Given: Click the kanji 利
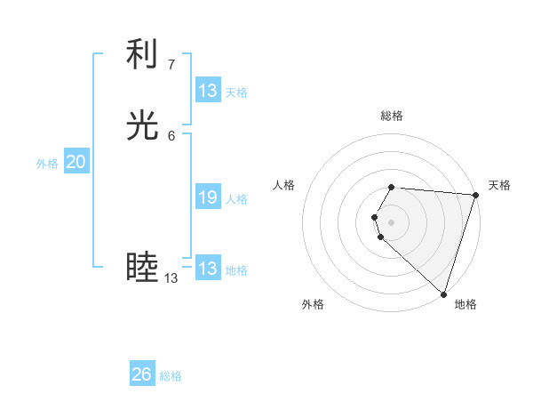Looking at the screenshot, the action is click(142, 54).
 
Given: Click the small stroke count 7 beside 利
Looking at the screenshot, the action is click(171, 64).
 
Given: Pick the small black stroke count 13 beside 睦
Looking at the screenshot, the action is click(171, 278).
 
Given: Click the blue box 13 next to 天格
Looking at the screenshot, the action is click(208, 91).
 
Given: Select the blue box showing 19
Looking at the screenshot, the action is click(208, 197).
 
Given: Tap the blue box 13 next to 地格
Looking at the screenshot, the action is click(208, 269).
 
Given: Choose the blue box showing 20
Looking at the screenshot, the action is click(76, 162).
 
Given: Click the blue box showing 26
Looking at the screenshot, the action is click(142, 374).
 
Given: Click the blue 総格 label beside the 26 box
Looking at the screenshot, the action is click(171, 376).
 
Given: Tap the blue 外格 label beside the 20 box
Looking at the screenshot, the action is click(47, 164).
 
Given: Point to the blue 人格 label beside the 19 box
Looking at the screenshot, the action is click(236, 199).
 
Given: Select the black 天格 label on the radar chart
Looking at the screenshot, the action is click(499, 185).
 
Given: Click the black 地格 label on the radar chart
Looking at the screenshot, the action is click(465, 304).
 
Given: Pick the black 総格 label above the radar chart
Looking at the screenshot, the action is click(392, 116).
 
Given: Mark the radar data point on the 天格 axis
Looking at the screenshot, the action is click(475, 195).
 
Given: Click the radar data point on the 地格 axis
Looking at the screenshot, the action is click(443, 293).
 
